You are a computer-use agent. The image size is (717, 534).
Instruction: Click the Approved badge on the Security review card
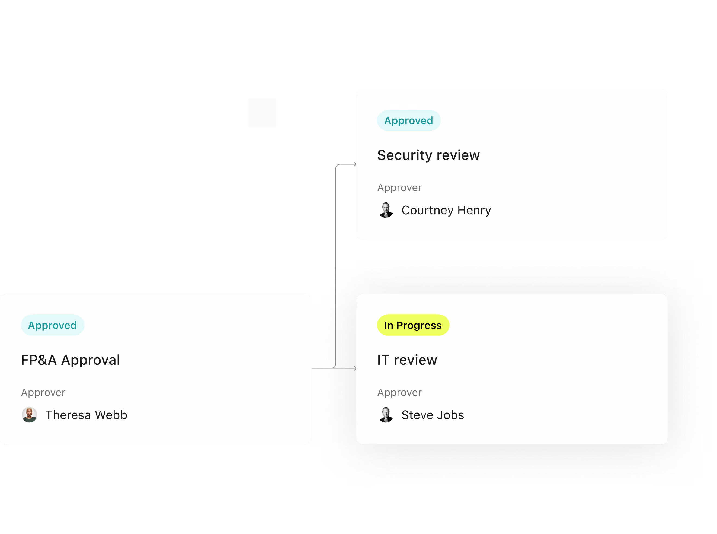(409, 120)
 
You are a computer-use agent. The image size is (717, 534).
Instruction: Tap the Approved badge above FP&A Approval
(52, 325)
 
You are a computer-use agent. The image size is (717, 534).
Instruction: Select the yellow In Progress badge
(413, 325)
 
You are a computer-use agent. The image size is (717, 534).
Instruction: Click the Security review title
(428, 155)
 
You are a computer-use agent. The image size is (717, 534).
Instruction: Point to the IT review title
(407, 360)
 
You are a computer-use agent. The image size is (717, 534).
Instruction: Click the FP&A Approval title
(71, 360)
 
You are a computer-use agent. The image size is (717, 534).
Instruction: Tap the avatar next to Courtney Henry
(386, 210)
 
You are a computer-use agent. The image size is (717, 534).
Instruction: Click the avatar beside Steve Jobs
(386, 415)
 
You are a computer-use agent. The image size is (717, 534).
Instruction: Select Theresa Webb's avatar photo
(29, 415)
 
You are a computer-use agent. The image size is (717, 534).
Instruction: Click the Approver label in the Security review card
(399, 187)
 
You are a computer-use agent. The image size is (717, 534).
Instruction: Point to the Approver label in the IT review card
(399, 392)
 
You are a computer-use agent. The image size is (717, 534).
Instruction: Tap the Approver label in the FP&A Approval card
(43, 392)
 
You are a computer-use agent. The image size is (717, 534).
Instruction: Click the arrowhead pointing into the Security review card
(355, 164)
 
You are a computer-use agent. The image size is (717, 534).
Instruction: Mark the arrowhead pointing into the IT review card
(355, 368)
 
